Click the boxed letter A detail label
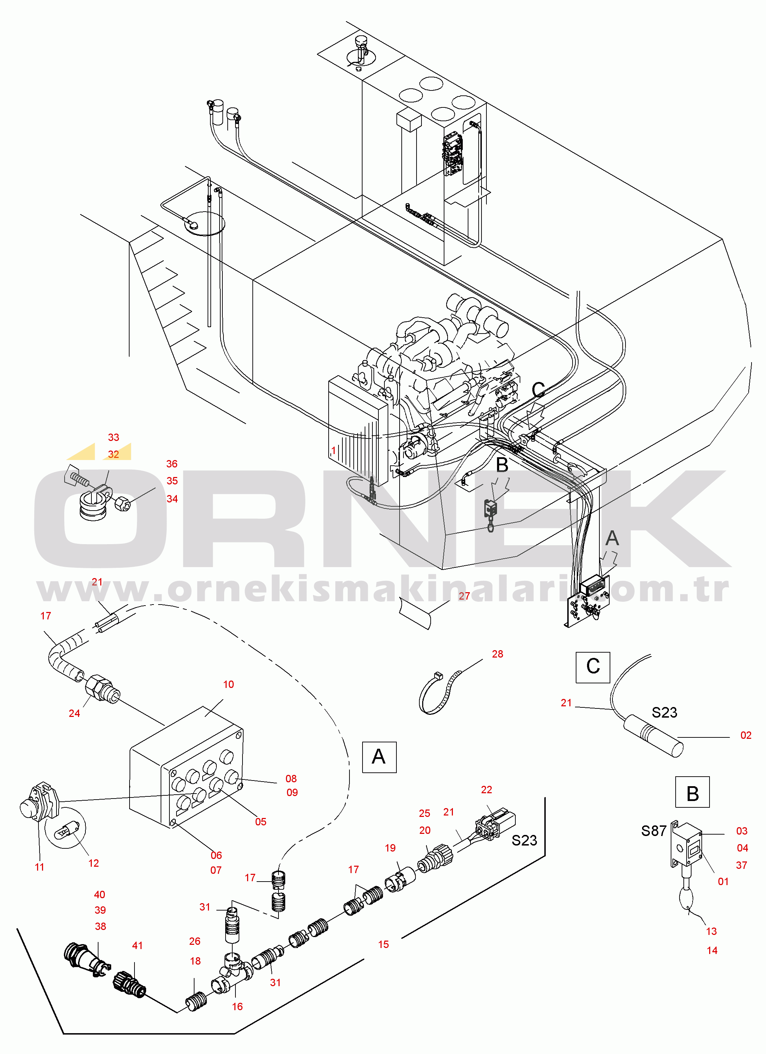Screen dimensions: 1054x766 tap(379, 757)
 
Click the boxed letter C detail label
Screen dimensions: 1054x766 tap(593, 667)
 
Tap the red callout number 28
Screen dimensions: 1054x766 tap(497, 654)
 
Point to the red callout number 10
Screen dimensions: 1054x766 tap(228, 684)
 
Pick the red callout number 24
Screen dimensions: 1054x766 tap(74, 714)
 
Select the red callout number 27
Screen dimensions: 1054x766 tap(464, 596)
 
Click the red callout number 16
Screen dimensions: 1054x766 tap(237, 1007)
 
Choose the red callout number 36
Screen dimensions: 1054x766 tap(172, 464)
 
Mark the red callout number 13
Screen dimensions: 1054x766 tap(711, 931)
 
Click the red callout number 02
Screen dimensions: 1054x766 tap(746, 736)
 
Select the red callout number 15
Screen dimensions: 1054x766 tap(383, 944)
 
